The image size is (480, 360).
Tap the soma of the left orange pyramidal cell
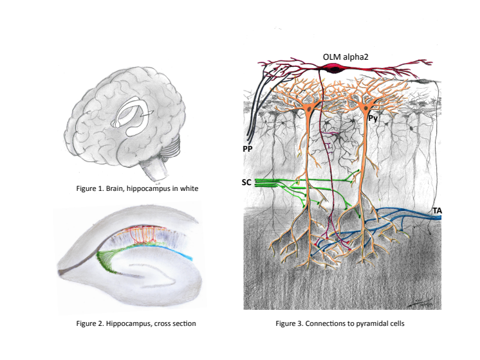point(310,111)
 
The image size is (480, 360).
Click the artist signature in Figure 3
point(421,301)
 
